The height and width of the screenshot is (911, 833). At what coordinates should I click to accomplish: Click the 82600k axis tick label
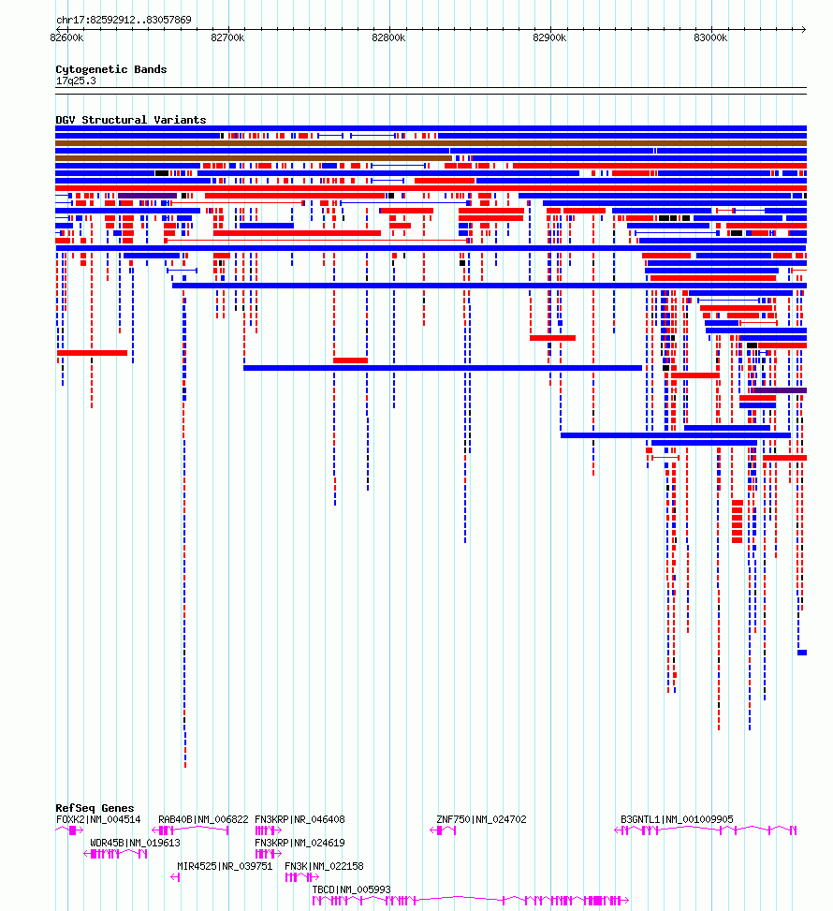(66, 37)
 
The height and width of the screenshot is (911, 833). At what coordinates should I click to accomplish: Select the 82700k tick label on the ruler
(227, 37)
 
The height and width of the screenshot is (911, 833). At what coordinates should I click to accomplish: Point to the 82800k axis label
(388, 37)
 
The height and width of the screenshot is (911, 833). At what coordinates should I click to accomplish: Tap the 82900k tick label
(549, 37)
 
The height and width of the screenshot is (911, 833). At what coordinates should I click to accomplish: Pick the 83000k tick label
(710, 37)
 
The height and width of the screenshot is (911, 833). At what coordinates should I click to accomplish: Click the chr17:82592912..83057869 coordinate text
(124, 20)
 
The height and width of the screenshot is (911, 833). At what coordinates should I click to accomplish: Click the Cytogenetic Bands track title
(111, 69)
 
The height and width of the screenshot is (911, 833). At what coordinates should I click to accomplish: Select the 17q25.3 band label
(76, 81)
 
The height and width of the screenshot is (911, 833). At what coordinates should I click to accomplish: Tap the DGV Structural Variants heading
(131, 120)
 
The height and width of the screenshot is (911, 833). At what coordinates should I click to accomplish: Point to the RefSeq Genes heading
(95, 808)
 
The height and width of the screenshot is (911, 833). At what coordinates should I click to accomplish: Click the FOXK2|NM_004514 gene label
(98, 820)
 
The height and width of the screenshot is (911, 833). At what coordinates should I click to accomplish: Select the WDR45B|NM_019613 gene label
(135, 843)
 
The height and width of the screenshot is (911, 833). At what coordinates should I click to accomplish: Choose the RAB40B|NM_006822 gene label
(203, 820)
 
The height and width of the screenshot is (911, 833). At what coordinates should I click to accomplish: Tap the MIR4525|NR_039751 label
(225, 866)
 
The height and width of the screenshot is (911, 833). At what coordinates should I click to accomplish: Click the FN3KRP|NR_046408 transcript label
(300, 820)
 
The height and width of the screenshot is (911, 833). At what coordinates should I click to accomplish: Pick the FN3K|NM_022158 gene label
(324, 866)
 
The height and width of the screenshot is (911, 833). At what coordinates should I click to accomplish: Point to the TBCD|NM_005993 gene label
(351, 889)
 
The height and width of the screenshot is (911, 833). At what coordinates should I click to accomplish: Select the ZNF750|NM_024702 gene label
(482, 820)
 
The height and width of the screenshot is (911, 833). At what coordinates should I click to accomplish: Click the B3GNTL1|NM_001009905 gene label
(677, 820)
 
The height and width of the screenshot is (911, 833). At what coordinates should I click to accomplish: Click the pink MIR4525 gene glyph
(175, 877)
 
